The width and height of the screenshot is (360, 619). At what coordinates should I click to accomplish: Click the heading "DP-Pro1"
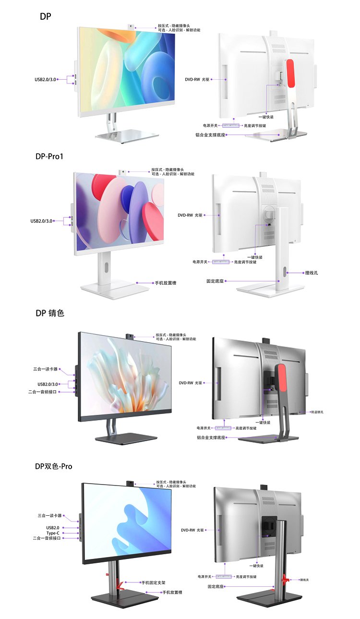[x=49, y=157]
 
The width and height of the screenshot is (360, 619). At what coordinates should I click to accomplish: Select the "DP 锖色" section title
[x=49, y=313]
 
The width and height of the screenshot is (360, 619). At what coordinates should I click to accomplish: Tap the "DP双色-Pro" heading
[x=54, y=466]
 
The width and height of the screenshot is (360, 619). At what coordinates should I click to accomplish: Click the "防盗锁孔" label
[x=316, y=412]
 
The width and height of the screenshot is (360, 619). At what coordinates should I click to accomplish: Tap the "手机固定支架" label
[x=153, y=583]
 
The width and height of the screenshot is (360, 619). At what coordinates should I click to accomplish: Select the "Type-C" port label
[x=52, y=533]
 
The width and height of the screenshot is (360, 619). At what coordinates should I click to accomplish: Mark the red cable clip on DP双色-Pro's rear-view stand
[x=286, y=580]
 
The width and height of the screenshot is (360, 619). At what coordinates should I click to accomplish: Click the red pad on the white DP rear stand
[x=289, y=73]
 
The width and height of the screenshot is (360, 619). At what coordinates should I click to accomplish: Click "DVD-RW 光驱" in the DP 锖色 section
[x=191, y=383]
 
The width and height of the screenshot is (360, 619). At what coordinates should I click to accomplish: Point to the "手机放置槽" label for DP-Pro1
[x=165, y=283]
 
